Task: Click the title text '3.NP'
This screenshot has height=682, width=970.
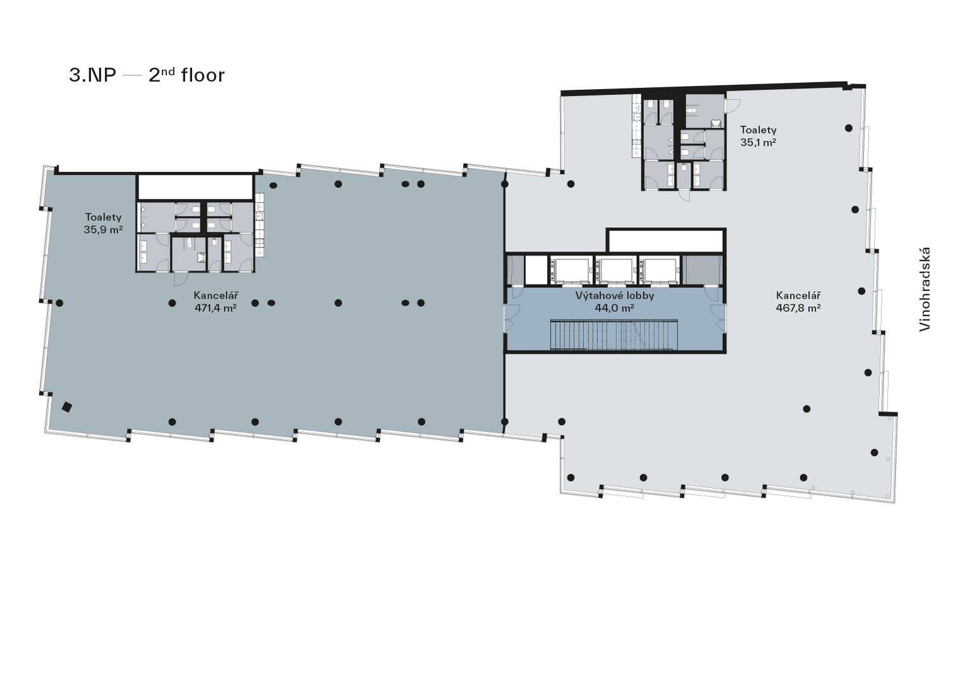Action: coord(93,75)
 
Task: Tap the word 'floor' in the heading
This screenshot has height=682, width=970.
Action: coord(203,75)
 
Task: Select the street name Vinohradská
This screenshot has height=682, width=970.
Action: coord(925,290)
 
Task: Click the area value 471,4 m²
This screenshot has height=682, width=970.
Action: coord(215,308)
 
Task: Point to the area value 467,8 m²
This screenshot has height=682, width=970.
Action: coord(798,308)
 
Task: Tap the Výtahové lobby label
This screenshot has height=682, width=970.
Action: coord(614,295)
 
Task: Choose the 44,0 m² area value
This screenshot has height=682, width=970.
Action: coord(614,308)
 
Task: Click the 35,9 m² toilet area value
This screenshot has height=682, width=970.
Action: coord(103,230)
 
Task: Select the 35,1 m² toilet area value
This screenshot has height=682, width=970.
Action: coord(758,142)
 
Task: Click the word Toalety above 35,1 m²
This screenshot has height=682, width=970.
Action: coord(758,130)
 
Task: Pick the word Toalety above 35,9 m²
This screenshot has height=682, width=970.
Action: coord(103,217)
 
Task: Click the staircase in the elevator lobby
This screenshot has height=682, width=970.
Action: coord(614,335)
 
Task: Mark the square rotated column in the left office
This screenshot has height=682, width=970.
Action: coord(67,407)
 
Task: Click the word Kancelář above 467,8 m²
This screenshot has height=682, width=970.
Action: coord(798,295)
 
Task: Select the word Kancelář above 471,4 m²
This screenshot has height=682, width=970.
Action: coord(215,295)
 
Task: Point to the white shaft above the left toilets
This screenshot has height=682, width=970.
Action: coord(195,187)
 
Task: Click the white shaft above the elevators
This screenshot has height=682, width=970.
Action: coord(665,240)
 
